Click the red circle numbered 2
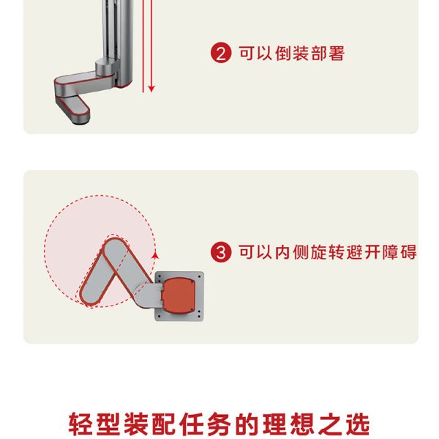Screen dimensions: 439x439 [221, 53]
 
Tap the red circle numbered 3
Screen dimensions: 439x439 [221, 252]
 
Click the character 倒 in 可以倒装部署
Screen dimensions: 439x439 [283, 53]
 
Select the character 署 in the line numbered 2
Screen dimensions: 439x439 [337, 53]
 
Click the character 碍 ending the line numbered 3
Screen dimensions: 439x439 [408, 252]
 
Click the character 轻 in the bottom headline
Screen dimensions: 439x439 [80, 424]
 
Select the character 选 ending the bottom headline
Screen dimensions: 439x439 [358, 424]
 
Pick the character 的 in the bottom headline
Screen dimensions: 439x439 [247, 424]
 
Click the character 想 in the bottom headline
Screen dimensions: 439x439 [302, 424]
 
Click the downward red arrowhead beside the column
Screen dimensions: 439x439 [151, 89]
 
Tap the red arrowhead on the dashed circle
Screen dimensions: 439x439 [155, 255]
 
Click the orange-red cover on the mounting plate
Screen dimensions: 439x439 [179, 295]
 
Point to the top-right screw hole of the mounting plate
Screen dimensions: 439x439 [200, 276]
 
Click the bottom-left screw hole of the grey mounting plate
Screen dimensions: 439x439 [159, 317]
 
